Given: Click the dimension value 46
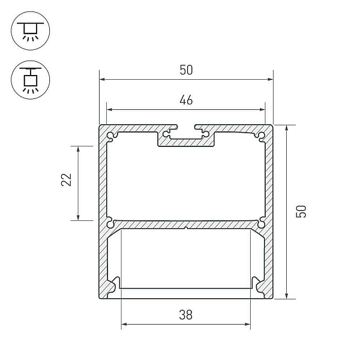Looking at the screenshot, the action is (186, 100).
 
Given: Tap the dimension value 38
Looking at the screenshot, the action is (186, 315).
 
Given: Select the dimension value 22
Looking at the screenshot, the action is (67, 179).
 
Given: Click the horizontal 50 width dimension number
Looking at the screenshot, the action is (186, 70).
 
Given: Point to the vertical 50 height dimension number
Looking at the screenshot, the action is (301, 211).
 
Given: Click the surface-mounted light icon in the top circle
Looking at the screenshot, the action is (31, 31).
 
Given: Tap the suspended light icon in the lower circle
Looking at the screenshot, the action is (31, 80).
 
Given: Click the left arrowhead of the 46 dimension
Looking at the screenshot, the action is (110, 110).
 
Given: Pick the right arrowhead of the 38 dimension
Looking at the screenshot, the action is (247, 325).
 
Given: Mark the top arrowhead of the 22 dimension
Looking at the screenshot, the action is (78, 149).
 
